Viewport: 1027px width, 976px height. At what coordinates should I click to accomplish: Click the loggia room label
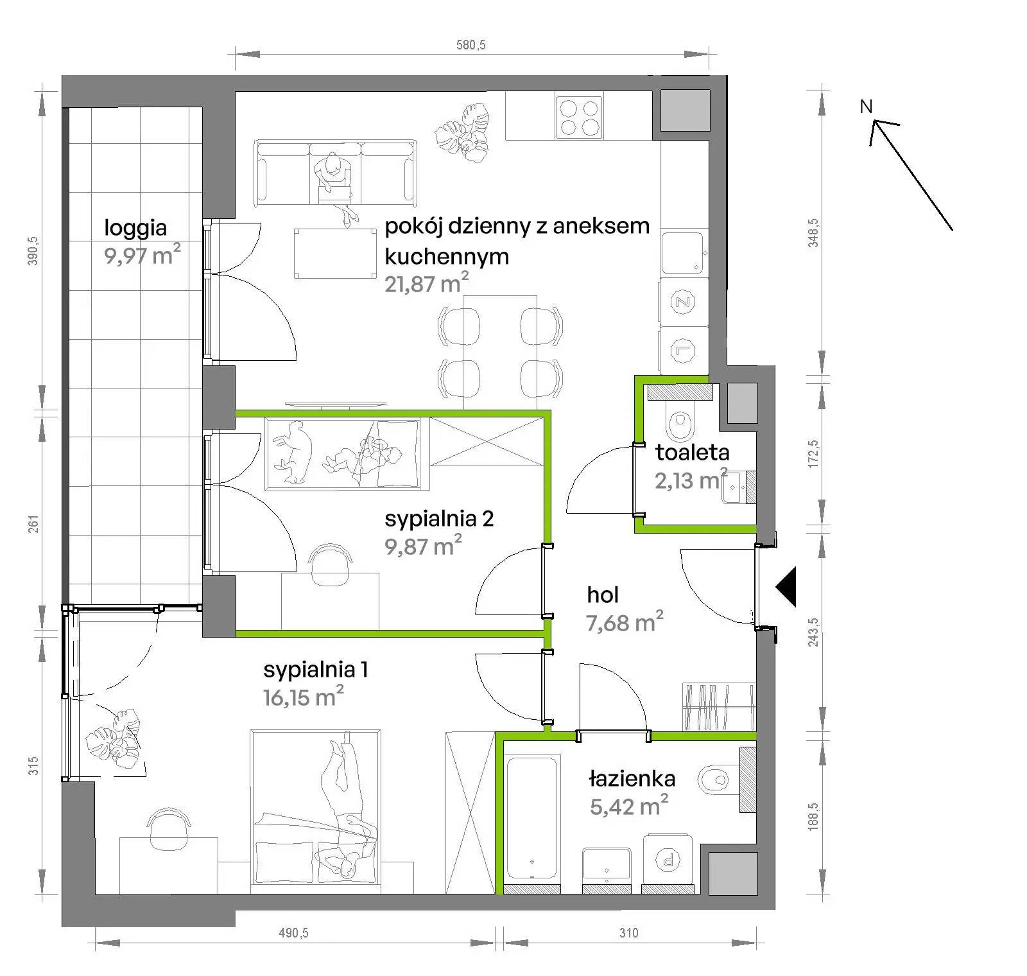[x=135, y=228]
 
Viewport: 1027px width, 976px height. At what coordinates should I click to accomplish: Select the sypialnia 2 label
[x=439, y=518]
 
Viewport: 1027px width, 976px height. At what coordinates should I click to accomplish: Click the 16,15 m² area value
[x=303, y=695]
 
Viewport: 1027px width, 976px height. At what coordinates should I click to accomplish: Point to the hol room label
[x=603, y=595]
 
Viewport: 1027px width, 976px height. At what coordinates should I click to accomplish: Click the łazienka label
[x=632, y=779]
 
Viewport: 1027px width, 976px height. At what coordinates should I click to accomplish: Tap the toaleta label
[x=692, y=453]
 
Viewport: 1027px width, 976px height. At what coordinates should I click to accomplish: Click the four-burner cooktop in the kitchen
[x=580, y=117]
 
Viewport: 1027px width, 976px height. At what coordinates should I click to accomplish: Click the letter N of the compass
[x=867, y=107]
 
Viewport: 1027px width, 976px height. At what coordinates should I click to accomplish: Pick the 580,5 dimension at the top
[x=471, y=44]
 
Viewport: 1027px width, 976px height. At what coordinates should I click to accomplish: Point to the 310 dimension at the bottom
[x=629, y=932]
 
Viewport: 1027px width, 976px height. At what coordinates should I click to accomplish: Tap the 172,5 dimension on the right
[x=814, y=453]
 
